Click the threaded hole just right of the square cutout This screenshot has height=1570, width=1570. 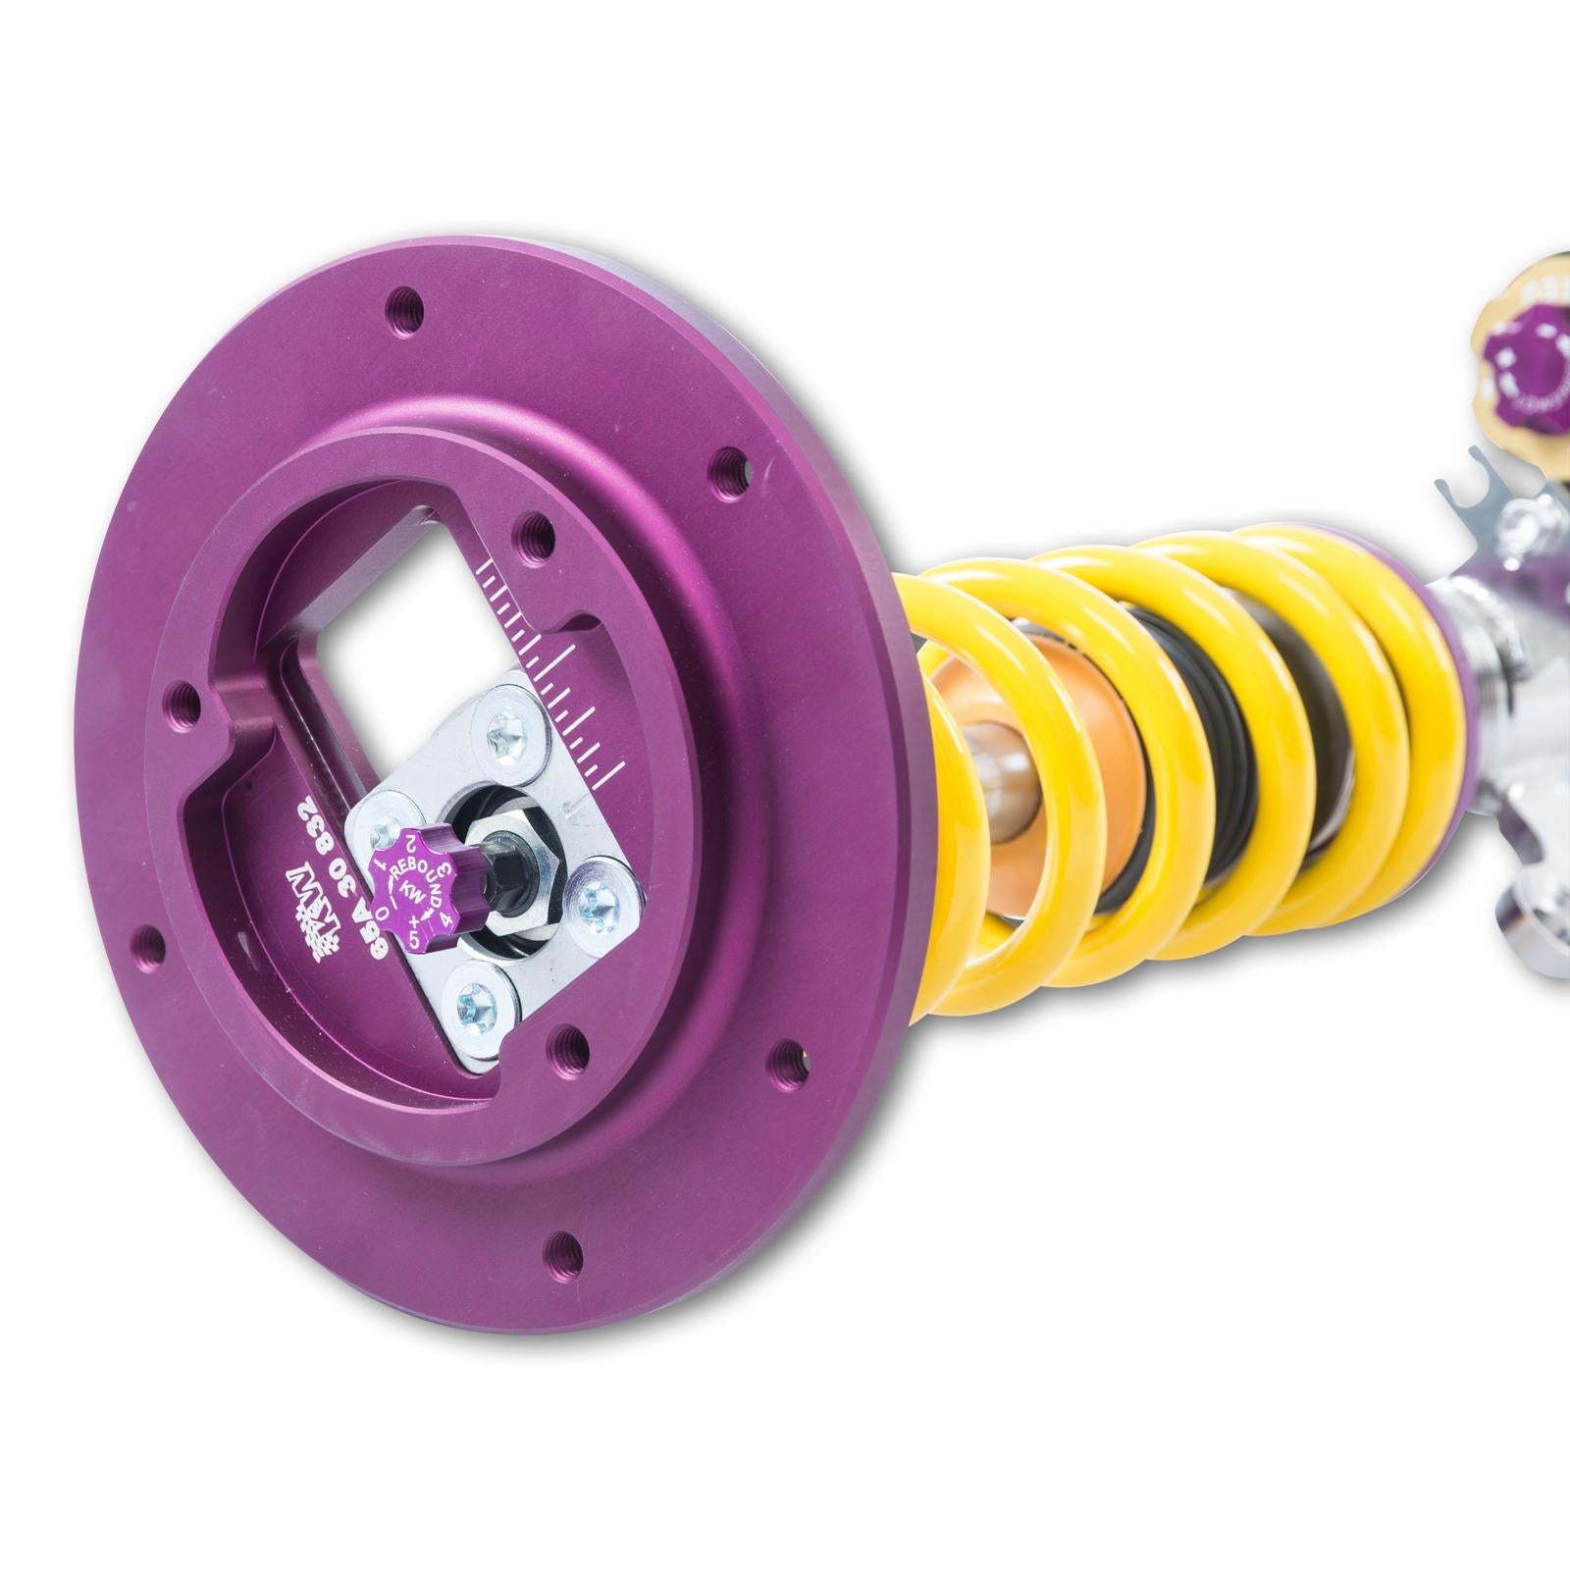[534, 533]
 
